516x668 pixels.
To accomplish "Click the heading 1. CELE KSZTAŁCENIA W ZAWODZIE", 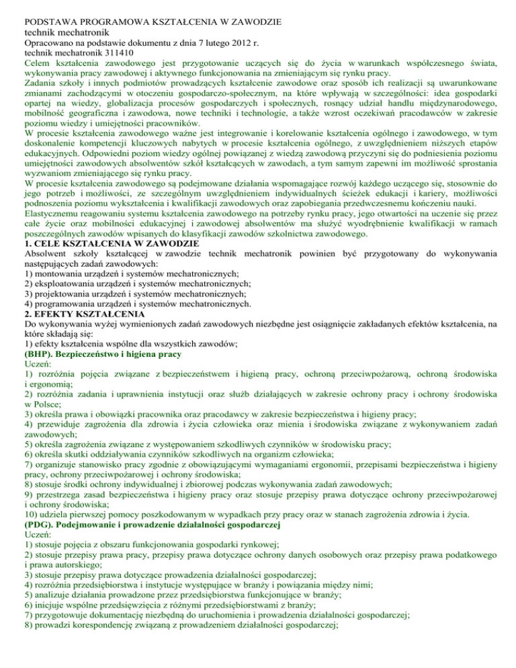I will click(x=101, y=243).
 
